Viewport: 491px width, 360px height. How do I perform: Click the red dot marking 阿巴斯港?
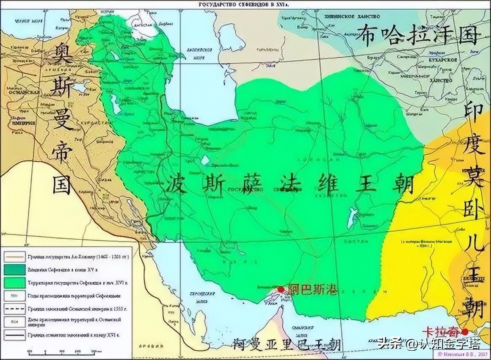pyautogui.click(x=281, y=289)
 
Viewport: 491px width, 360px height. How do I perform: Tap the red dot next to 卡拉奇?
pyautogui.click(x=465, y=332)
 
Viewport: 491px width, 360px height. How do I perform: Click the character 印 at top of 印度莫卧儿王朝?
pyautogui.click(x=473, y=112)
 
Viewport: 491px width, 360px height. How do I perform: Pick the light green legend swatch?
pyautogui.click(x=15, y=282)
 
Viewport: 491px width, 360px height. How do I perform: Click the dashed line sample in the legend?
pyautogui.click(x=15, y=309)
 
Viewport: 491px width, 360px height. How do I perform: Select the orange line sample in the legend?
pyautogui.click(x=15, y=256)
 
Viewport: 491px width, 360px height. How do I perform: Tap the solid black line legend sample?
pyautogui.click(x=15, y=335)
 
